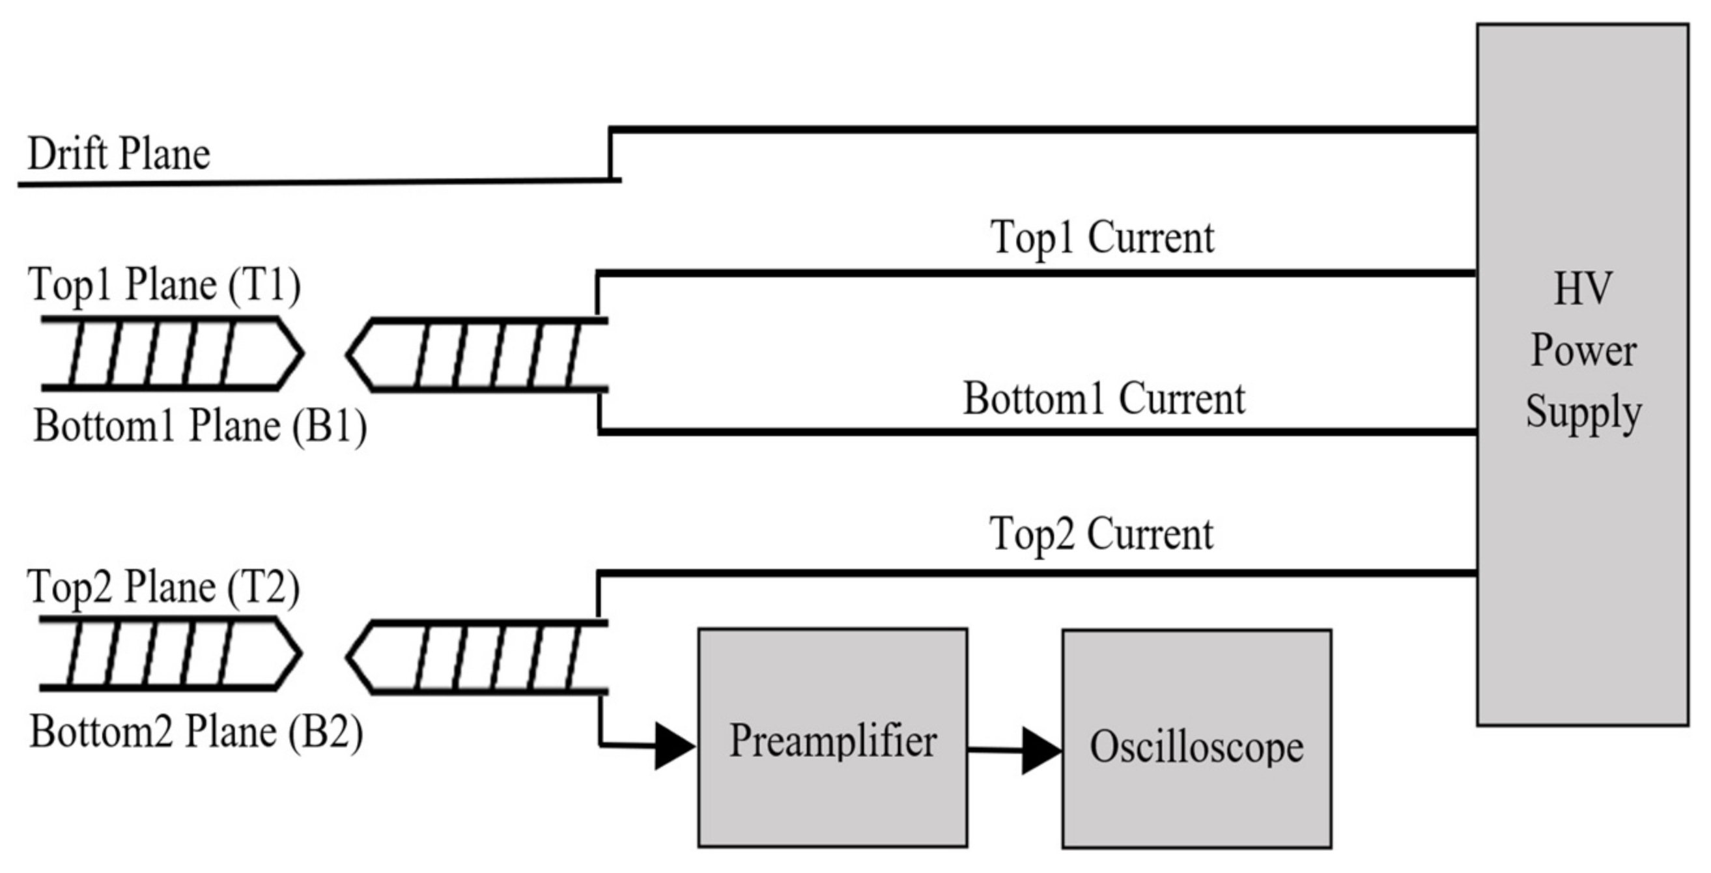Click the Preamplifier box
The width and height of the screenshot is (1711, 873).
[832, 738]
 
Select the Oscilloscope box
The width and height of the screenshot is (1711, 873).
[1196, 739]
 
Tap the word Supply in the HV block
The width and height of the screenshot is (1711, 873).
[1583, 411]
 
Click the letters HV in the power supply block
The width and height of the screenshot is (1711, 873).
[1583, 289]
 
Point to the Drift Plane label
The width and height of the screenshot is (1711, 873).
[119, 154]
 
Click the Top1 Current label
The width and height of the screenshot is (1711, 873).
[1102, 237]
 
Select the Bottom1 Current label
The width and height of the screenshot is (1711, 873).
[1103, 399]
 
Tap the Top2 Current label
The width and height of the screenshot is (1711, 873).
[1101, 534]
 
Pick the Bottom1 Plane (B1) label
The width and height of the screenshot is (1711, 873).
[200, 426]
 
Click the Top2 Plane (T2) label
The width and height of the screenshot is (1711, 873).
[163, 587]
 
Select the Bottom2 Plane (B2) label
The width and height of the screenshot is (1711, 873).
[197, 732]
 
